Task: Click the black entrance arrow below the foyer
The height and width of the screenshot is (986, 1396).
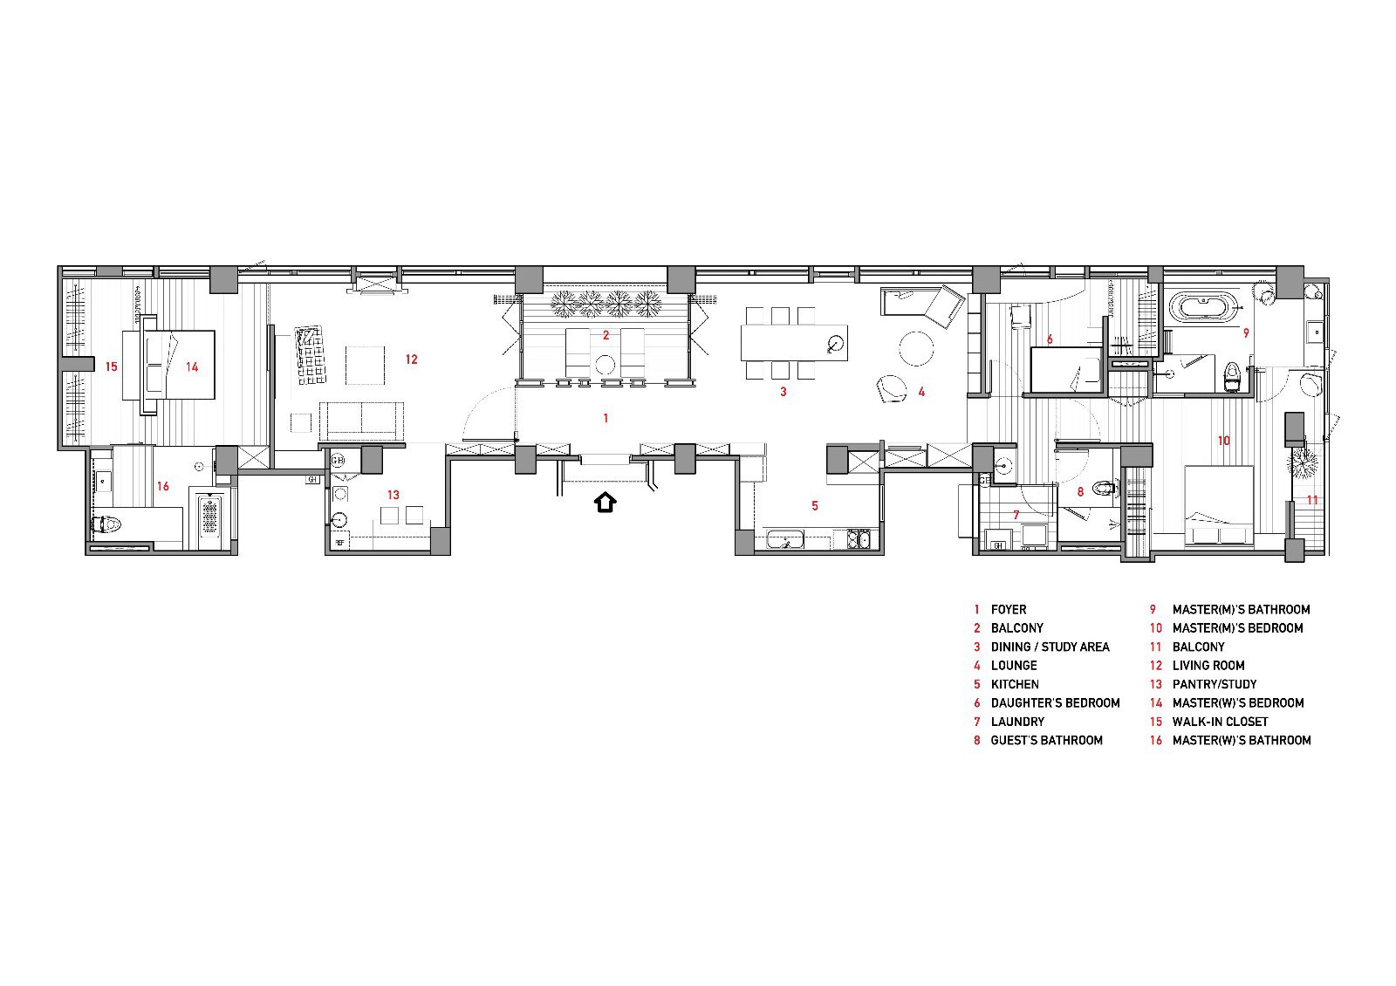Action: pos(605,503)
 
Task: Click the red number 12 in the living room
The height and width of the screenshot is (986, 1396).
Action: pos(411,359)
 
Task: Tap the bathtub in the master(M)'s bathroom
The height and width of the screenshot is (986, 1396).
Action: pos(1202,308)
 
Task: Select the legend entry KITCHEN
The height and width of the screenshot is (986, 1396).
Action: pos(1014,684)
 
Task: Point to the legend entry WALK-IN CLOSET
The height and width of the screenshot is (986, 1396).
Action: pos(1219,722)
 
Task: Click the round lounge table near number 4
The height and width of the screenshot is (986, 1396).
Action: pos(916,348)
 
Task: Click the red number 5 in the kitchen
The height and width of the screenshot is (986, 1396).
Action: pos(815,505)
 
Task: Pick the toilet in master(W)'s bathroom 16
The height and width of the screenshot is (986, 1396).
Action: pos(106,525)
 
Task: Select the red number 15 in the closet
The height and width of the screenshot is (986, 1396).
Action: pos(111,366)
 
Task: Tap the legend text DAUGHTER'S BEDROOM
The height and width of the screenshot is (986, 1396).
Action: pos(1054,702)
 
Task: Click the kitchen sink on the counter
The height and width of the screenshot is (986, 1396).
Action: pos(785,540)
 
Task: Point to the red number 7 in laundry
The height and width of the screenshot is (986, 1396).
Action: pos(1016,515)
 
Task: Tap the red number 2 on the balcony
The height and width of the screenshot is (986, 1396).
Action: pos(606,335)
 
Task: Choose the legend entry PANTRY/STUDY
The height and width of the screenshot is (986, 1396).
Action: pos(1214,684)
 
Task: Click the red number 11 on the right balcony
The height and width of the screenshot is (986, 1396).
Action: pos(1312,501)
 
